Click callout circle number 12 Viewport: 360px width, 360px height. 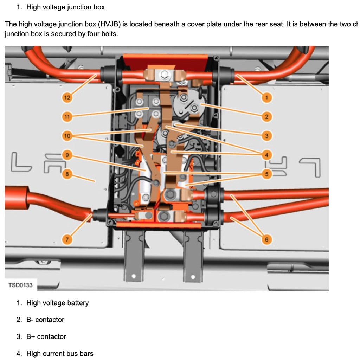click(x=67, y=98)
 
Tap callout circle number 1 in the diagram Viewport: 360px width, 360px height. click(x=266, y=98)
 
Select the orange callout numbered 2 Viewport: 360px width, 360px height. click(x=266, y=117)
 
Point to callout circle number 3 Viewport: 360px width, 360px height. click(x=266, y=136)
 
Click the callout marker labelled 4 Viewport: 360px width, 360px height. click(x=266, y=155)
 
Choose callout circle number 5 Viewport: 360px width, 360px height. click(x=266, y=174)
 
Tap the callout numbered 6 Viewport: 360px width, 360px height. click(x=266, y=240)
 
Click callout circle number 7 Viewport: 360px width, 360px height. click(x=67, y=240)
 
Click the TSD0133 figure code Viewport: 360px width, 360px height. click(x=20, y=285)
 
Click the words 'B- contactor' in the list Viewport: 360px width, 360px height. click(x=45, y=320)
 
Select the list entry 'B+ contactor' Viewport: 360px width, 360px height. click(x=46, y=336)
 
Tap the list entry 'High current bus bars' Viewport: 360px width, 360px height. click(x=60, y=353)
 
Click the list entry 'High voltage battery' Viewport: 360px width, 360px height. click(x=57, y=303)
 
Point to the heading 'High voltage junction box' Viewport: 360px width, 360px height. click(x=65, y=7)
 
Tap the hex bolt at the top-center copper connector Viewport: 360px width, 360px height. click(x=164, y=75)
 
